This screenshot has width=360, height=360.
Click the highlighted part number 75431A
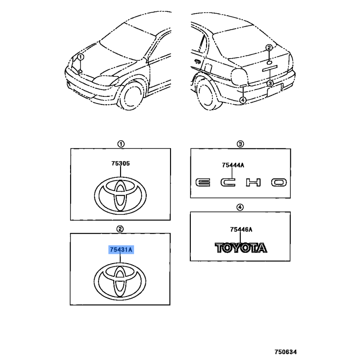tap(121, 250)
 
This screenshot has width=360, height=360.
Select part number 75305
tap(121, 163)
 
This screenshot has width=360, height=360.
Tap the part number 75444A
tap(233, 165)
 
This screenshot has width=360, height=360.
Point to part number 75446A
tap(241, 229)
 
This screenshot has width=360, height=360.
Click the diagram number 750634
tap(286, 352)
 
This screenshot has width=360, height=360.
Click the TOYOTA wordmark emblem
tap(241, 248)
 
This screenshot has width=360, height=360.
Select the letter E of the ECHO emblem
tap(203, 183)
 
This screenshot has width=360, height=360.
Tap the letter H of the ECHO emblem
tap(253, 183)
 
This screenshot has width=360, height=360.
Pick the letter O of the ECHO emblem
tap(279, 183)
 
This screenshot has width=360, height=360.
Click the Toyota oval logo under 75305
tap(120, 196)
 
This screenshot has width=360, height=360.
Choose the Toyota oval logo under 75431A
tap(120, 281)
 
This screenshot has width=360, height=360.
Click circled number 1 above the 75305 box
tap(121, 144)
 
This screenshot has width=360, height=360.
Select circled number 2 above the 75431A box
tap(120, 229)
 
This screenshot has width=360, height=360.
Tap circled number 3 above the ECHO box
tap(240, 144)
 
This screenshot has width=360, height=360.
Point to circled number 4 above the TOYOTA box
tap(240, 207)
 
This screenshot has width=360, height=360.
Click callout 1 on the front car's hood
tap(81, 57)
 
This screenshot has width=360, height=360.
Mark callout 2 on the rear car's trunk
tap(269, 48)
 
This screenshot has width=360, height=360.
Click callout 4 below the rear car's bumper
tap(243, 100)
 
